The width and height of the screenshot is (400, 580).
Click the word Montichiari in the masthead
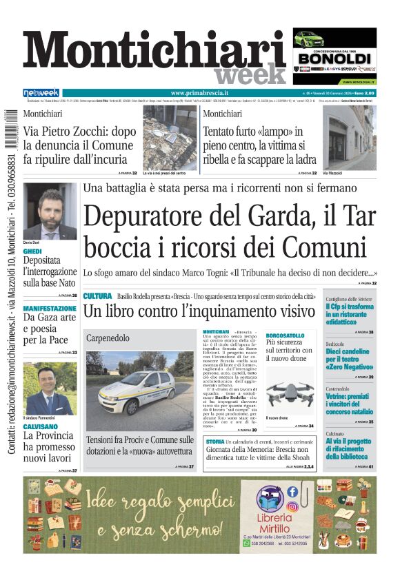coord(154,53)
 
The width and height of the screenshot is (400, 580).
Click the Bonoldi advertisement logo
coord(334,58)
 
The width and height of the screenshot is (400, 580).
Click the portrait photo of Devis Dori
coord(50,211)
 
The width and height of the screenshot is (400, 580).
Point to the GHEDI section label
coord(32,252)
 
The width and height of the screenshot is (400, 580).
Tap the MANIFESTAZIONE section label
coord(50,309)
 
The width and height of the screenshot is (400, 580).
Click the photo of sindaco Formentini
coord(50,389)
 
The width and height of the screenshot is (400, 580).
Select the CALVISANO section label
coord(40,426)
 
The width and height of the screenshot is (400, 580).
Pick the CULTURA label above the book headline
coord(97,296)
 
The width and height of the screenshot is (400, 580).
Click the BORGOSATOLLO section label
coord(285,335)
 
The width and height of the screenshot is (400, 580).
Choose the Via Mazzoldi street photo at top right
coord(350,137)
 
